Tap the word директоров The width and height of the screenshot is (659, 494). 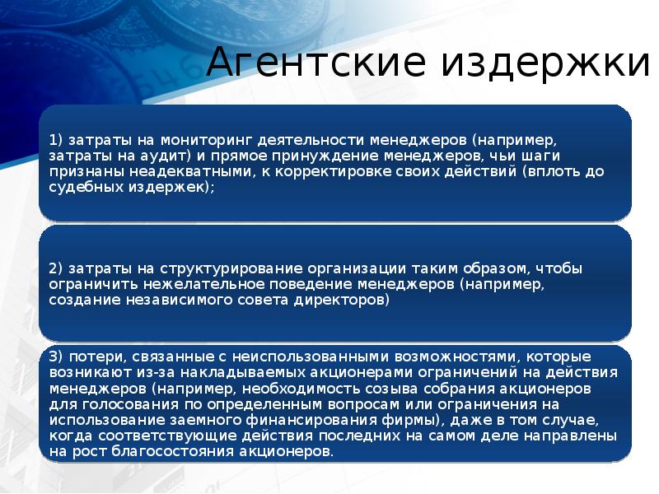pyautogui.click(x=343, y=301)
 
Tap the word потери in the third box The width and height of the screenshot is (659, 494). pyautogui.click(x=91, y=357)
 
